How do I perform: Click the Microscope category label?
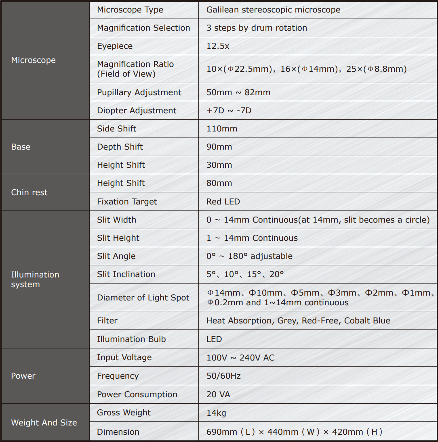34,60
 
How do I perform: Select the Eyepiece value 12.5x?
218,46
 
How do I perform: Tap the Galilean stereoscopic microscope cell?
273,10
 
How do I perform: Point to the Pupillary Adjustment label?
139,92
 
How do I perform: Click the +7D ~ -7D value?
229,110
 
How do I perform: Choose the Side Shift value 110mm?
222,129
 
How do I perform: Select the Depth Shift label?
120,147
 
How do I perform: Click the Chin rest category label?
29,192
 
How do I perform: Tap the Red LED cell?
223,202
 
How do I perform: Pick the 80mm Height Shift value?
219,183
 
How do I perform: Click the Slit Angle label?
116,256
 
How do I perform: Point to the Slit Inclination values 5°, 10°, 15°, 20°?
245,274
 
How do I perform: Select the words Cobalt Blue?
367,321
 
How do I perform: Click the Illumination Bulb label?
131,339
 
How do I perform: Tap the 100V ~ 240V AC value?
240,357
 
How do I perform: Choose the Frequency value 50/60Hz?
223,376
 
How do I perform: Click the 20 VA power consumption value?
218,394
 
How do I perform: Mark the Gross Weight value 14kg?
216,413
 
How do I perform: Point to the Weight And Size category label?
44,423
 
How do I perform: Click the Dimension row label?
118,432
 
